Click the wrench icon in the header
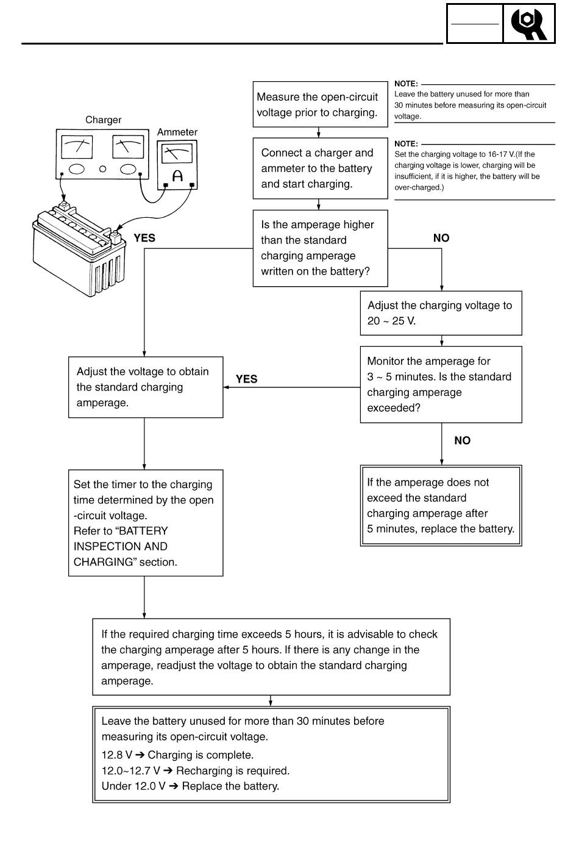(528, 24)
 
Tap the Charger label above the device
(103, 120)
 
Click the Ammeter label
(177, 132)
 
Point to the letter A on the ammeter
(177, 176)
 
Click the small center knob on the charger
(102, 168)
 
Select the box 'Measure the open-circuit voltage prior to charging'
(321, 104)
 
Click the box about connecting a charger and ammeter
(321, 168)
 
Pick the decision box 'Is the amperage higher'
(321, 248)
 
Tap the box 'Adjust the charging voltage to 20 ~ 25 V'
(441, 313)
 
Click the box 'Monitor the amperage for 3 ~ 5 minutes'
(441, 384)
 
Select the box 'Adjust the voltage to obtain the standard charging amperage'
(146, 387)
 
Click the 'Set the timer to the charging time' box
(146, 523)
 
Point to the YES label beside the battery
(144, 238)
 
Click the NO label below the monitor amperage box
(462, 441)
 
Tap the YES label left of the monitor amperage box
(246, 379)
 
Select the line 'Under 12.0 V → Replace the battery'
(190, 786)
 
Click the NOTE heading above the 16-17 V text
(406, 144)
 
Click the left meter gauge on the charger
(76, 147)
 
